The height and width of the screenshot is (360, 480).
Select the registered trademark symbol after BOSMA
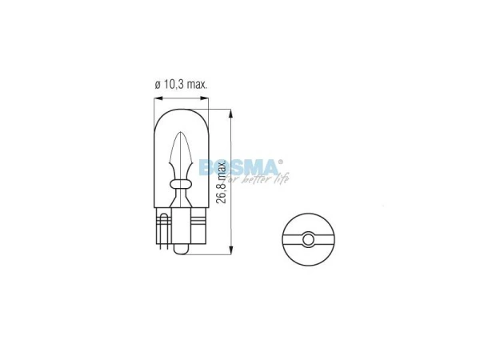[281, 161]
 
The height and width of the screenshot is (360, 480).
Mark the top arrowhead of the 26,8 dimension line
[230, 103]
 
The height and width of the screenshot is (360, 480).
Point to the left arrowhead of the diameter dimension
[154, 98]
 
